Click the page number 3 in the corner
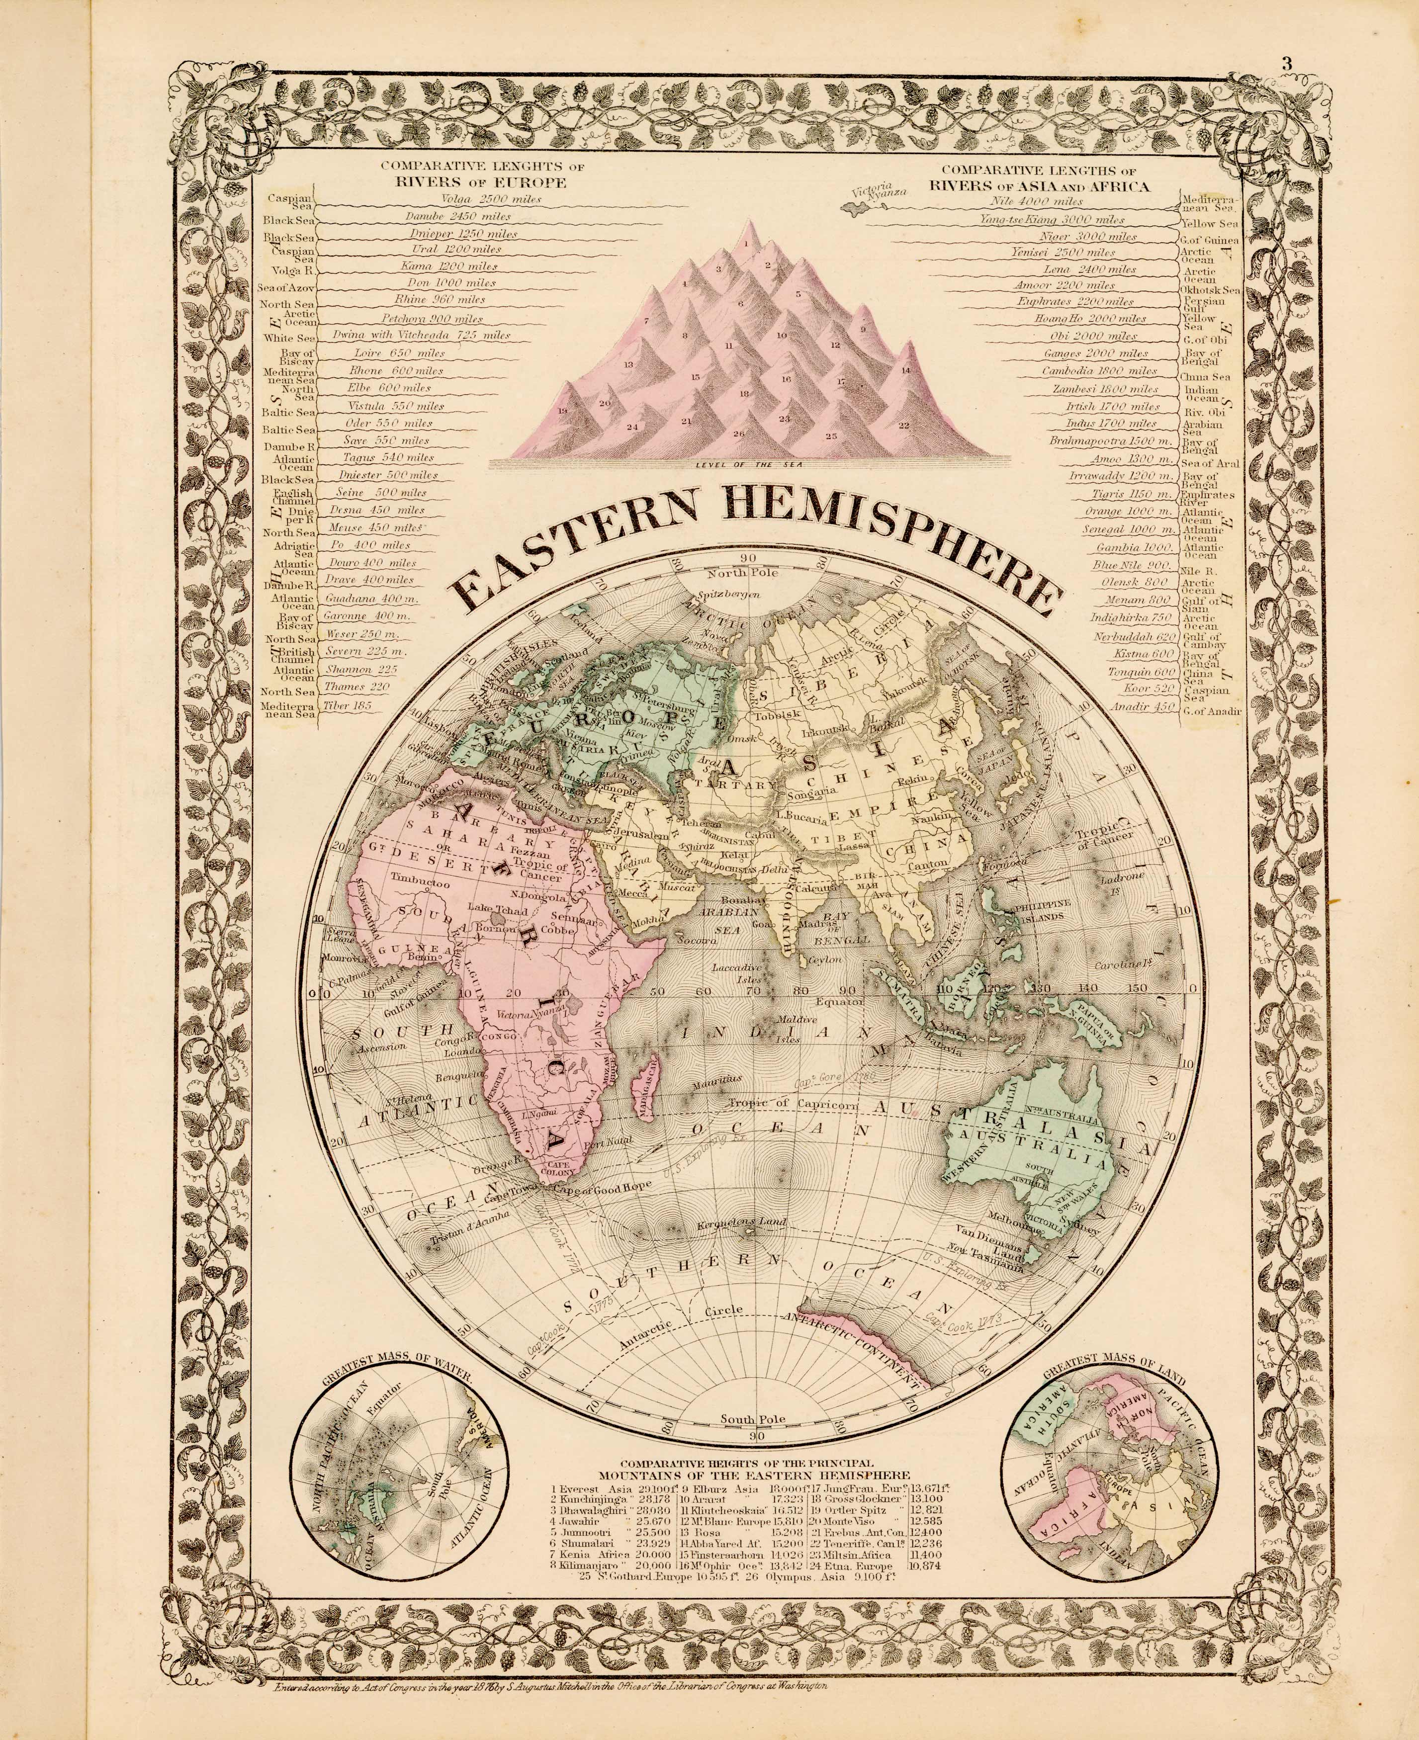(x=1287, y=64)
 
